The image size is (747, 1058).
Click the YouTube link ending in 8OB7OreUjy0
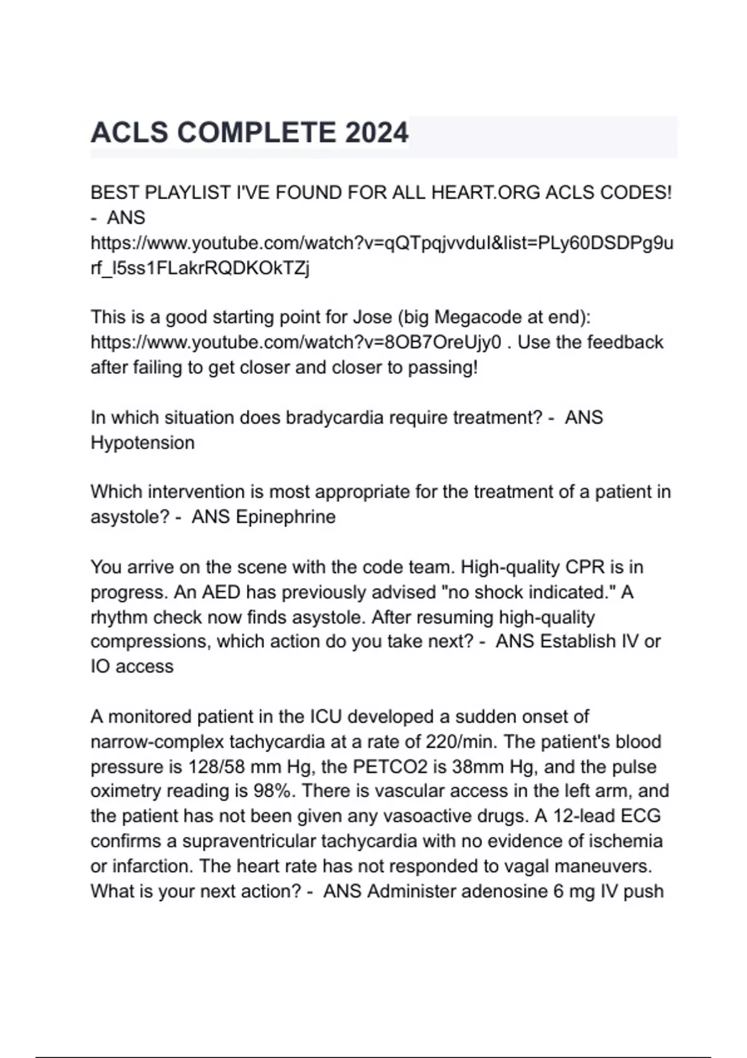point(296,342)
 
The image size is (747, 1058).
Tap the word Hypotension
point(143,442)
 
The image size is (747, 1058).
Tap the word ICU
point(326,716)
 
